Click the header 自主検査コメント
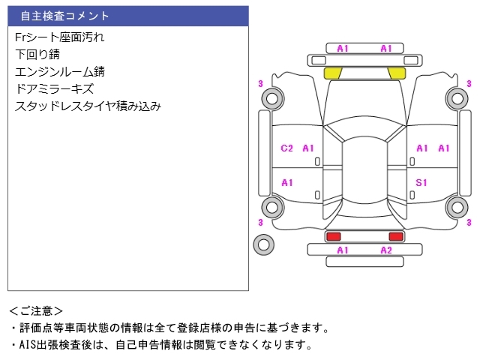[65, 16]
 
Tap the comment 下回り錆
[37, 54]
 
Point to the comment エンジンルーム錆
[59, 71]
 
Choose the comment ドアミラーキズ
[54, 88]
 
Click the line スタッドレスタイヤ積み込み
[88, 106]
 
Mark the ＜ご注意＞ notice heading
[37, 310]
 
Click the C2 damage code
[286, 148]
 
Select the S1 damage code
[421, 183]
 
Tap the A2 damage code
[386, 250]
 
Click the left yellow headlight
[332, 73]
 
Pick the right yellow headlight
[397, 73]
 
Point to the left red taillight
[332, 236]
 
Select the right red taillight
[396, 236]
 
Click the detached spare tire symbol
[263, 244]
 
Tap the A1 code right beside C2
[308, 148]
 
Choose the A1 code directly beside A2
[343, 250]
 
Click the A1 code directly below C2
[287, 183]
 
